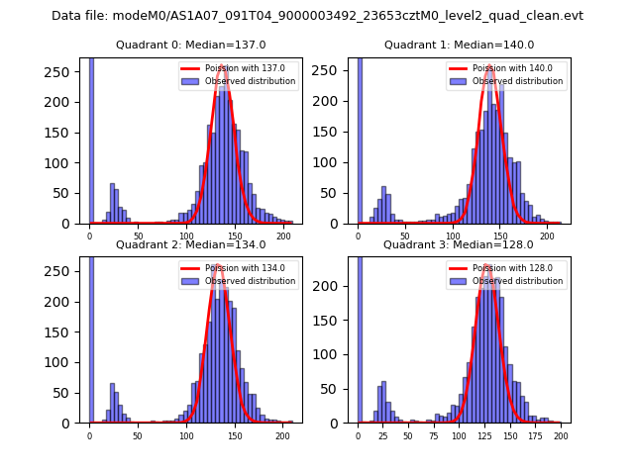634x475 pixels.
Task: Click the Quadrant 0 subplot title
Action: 191,45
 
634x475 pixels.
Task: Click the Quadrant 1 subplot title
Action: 459,45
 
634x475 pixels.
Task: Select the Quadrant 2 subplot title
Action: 191,244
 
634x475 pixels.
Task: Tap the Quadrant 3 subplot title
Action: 459,244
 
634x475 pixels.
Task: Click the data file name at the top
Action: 317,16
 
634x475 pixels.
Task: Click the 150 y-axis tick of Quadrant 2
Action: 62,332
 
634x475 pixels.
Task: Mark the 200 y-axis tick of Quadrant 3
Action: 331,287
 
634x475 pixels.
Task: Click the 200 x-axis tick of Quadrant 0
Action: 283,235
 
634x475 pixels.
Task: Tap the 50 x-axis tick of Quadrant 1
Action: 405,235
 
